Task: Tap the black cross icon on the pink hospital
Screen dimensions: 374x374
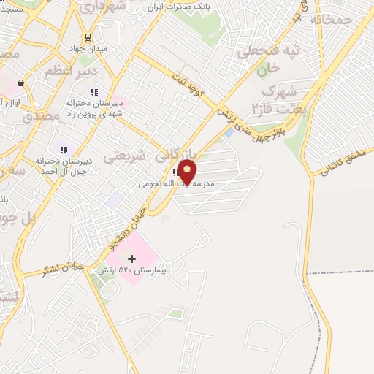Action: pyautogui.click(x=131, y=259)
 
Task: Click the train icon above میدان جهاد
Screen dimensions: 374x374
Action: pyautogui.click(x=88, y=37)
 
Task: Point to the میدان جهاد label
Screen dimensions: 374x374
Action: pyautogui.click(x=88, y=49)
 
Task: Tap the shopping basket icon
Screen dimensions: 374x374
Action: pyautogui.click(x=20, y=83)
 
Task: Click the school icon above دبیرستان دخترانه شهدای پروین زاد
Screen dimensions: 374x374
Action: pyautogui.click(x=93, y=91)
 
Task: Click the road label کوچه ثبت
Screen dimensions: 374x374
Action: pyautogui.click(x=192, y=85)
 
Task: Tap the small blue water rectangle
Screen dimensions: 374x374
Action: pyautogui.click(x=229, y=133)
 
